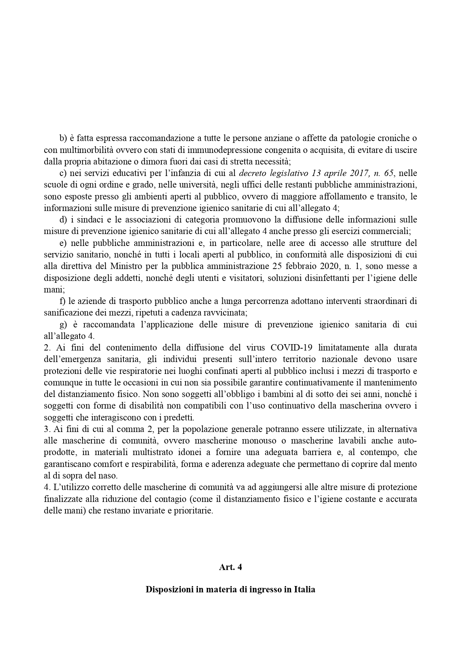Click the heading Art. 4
point(230,567)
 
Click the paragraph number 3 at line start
point(47,429)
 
